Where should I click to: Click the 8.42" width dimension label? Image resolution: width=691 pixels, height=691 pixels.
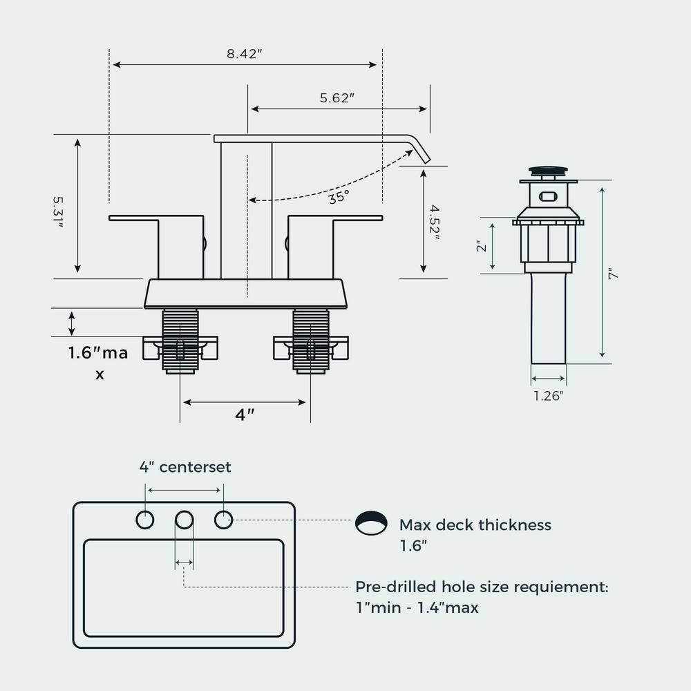tap(245, 54)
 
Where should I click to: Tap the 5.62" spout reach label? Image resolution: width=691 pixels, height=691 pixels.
tap(337, 98)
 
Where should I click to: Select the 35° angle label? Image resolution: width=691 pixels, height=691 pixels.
tap(339, 197)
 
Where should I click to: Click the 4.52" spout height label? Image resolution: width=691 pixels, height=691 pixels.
tap(435, 221)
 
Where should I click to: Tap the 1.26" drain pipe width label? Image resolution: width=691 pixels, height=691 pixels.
tap(548, 396)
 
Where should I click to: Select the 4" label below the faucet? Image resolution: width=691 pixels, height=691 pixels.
tap(245, 415)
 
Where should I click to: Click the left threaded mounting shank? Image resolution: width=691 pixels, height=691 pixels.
tap(180, 341)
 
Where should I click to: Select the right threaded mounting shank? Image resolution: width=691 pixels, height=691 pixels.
tap(310, 341)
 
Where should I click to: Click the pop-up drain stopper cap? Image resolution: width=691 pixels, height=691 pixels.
tap(549, 170)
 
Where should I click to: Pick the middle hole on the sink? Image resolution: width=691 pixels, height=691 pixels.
tap(184, 520)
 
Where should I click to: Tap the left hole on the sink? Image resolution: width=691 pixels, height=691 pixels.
tap(145, 520)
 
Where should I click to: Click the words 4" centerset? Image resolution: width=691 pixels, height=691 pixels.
tap(185, 467)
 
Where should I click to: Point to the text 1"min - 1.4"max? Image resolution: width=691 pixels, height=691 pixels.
tap(417, 608)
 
